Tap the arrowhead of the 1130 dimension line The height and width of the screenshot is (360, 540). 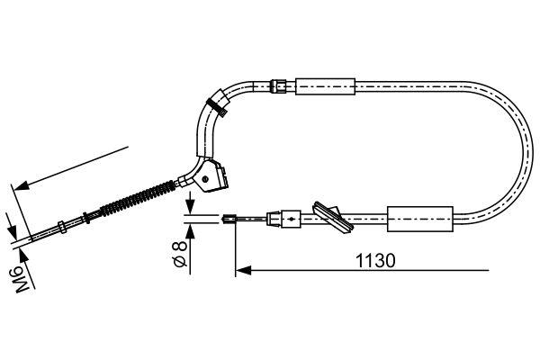coord(241,269)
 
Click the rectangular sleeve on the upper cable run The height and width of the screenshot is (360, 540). coord(323,86)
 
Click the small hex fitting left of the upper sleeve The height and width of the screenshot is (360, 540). coord(280,86)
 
